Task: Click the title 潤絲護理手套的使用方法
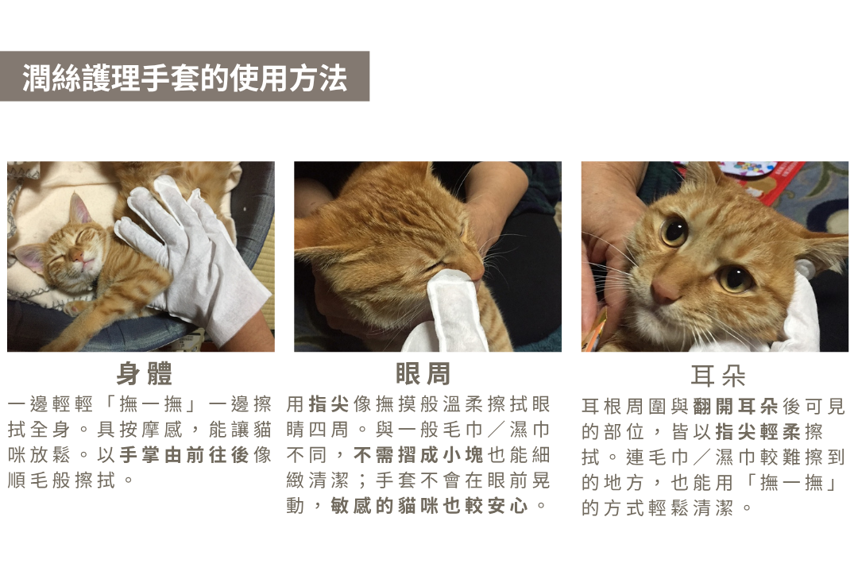click(184, 77)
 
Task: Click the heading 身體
click(145, 374)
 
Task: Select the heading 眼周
click(423, 374)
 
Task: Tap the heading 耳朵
click(718, 376)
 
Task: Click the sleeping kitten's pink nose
click(76, 256)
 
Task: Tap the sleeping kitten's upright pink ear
click(79, 209)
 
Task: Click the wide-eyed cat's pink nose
click(664, 291)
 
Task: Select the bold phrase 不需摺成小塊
click(419, 455)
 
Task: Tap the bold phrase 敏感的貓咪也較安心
click(429, 506)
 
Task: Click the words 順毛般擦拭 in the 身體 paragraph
click(62, 480)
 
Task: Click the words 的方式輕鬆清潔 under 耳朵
click(657, 508)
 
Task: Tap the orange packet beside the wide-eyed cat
click(596, 327)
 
